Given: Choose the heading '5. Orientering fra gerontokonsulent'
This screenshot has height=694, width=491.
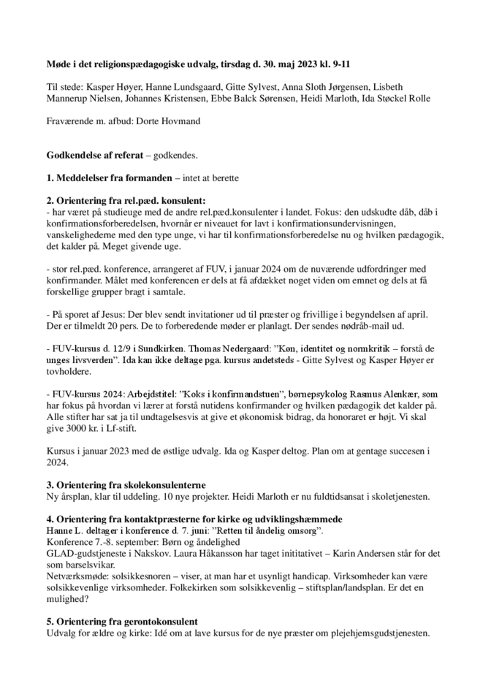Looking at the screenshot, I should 121,622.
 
